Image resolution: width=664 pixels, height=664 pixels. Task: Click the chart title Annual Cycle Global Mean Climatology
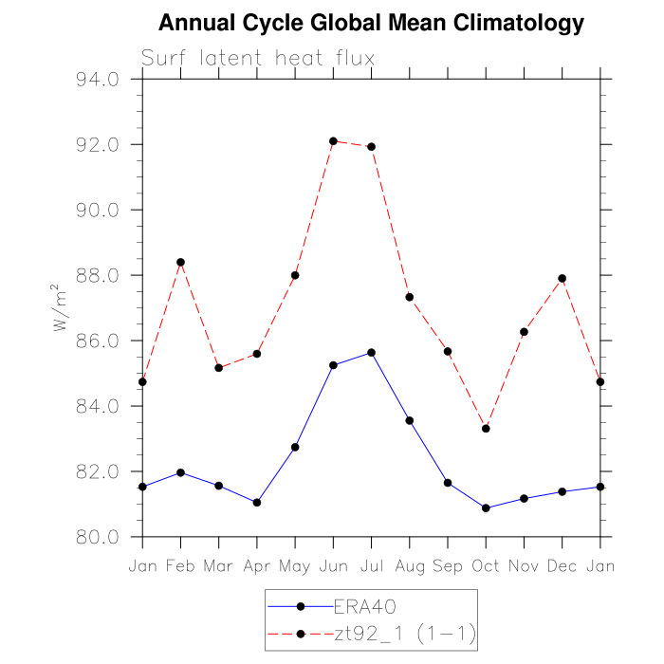click(371, 22)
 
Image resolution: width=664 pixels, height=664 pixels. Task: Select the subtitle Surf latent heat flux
click(258, 58)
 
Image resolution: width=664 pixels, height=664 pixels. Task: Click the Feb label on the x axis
click(180, 566)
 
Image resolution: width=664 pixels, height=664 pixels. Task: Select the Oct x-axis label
click(486, 566)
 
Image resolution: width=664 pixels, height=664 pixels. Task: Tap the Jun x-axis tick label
click(333, 566)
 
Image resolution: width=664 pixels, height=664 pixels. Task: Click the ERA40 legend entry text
click(358, 605)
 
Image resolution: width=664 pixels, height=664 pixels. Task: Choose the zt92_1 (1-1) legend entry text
click(403, 632)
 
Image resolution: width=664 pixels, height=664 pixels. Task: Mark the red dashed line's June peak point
click(333, 141)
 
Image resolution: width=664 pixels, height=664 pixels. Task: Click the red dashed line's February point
click(180, 262)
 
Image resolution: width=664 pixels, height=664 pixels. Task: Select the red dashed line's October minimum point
click(486, 429)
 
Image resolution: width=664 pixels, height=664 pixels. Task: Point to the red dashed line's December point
click(563, 278)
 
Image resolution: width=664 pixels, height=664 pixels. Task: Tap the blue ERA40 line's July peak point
click(371, 352)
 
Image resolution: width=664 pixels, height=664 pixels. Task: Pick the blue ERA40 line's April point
click(257, 502)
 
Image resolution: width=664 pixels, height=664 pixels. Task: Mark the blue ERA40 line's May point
click(295, 447)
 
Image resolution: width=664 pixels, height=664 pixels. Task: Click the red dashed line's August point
click(410, 297)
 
